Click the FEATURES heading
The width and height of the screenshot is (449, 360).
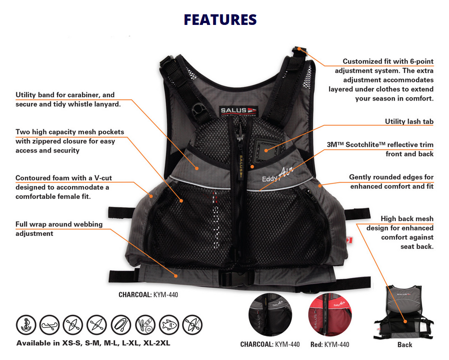[220, 19]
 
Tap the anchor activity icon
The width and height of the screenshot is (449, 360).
[26, 325]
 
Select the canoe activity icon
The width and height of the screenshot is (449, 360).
[49, 325]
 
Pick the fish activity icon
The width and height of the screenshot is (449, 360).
[169, 325]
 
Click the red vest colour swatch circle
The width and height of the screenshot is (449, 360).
[330, 314]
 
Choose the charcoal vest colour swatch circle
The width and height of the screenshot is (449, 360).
[270, 314]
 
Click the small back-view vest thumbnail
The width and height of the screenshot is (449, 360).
[404, 312]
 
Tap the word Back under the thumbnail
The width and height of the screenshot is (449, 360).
[405, 345]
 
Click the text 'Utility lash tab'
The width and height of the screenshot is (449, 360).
[409, 121]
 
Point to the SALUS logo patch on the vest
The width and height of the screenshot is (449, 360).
[238, 111]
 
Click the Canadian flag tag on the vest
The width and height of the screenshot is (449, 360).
[349, 240]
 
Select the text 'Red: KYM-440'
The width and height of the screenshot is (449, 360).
[330, 344]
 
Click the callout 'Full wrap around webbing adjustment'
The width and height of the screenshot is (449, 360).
[59, 228]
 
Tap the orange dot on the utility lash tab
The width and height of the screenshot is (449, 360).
[266, 150]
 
